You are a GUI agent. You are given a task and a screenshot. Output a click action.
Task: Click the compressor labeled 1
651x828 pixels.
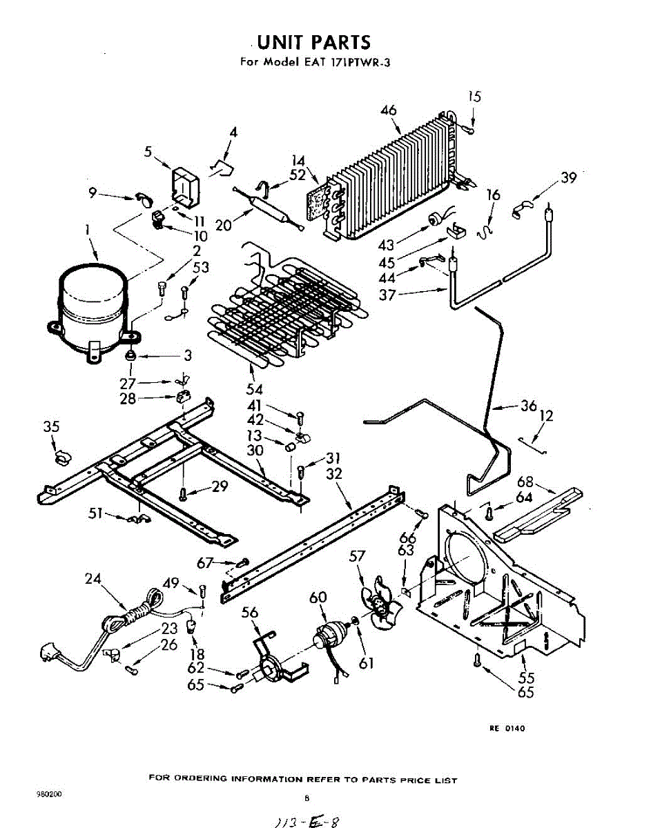[x=93, y=304]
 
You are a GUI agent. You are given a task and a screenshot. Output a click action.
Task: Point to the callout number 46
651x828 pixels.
[x=389, y=110]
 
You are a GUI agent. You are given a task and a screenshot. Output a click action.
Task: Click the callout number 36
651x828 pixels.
[x=529, y=406]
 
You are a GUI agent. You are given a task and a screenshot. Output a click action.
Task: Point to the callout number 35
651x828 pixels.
[x=52, y=427]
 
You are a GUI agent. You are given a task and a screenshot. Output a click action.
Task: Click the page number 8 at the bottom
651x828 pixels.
[x=306, y=798]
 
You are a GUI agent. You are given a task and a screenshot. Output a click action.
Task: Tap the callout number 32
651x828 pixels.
[x=334, y=474]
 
